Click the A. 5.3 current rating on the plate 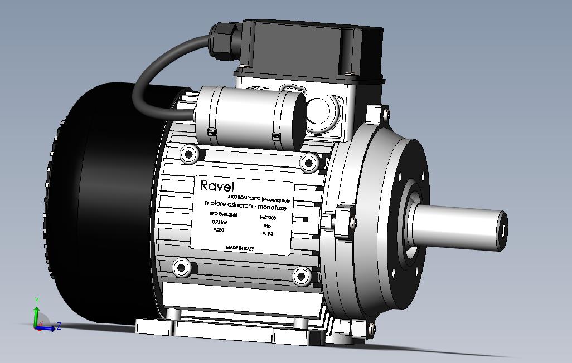(x=268, y=233)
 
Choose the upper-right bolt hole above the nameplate (x=308, y=163)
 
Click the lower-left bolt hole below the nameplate (x=180, y=268)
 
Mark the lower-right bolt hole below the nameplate (x=302, y=276)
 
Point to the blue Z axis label (x=59, y=326)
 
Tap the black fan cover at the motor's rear (x=112, y=212)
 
